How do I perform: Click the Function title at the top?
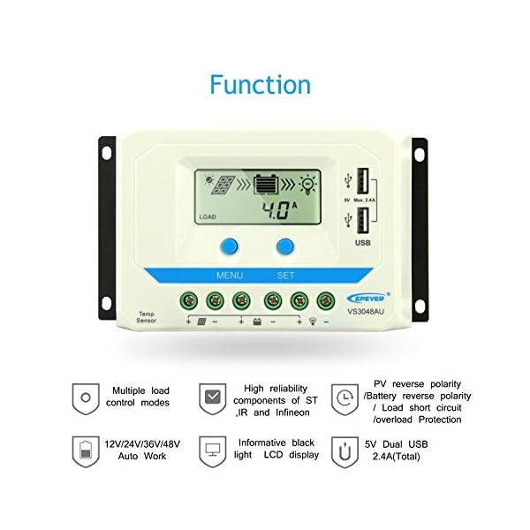pyautogui.click(x=260, y=85)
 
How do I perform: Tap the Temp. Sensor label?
pyautogui.click(x=147, y=316)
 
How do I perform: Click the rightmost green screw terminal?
pyautogui.click(x=326, y=301)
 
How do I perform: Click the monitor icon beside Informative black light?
pyautogui.click(x=212, y=450)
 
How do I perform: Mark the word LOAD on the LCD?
pyautogui.click(x=208, y=216)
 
